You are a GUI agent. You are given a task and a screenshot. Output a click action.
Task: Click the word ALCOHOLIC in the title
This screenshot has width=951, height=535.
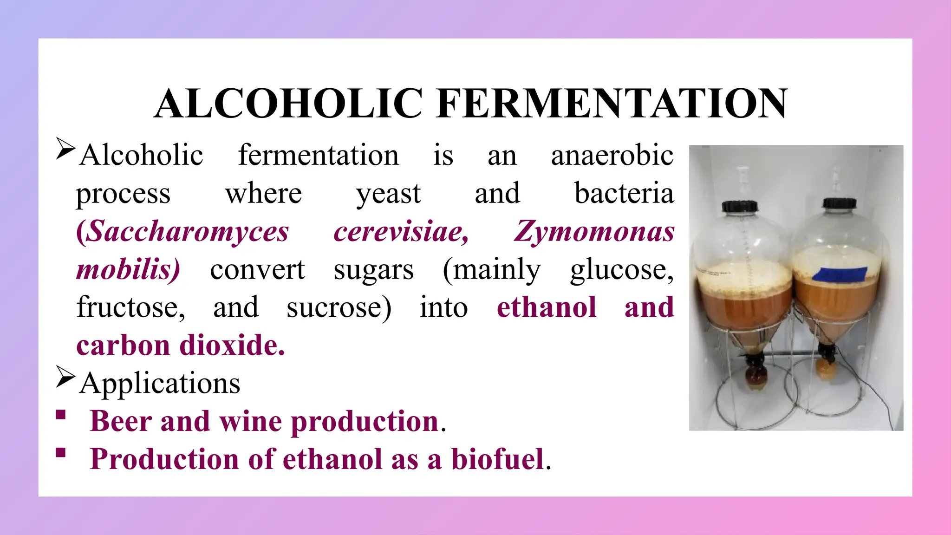point(289,104)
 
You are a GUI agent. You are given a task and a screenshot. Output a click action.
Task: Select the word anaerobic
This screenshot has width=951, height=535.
point(612,155)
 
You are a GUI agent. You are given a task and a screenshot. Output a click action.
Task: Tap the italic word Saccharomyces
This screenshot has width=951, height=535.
point(182,231)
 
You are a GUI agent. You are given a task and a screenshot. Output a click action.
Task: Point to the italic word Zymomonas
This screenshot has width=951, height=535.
point(594,231)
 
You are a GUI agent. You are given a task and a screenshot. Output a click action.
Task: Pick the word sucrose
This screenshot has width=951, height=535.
point(339,307)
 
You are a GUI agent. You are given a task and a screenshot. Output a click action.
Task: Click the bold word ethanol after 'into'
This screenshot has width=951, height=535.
point(547,307)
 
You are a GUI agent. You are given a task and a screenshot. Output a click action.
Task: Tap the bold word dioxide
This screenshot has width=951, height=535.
point(232,346)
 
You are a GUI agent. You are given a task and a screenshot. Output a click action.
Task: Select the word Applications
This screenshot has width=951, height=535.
point(160,384)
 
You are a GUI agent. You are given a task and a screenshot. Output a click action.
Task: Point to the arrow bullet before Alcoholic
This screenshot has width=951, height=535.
point(65,148)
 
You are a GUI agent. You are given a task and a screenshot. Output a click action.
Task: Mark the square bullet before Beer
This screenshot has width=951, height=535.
point(61,415)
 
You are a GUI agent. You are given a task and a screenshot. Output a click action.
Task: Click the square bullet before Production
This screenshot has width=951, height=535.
point(61,453)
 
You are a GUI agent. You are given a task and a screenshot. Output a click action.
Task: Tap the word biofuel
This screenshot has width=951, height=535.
point(497,459)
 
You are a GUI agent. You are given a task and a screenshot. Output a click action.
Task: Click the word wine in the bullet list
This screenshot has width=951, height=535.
point(250,421)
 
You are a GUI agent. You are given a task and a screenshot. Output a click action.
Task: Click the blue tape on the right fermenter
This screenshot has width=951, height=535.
point(840,274)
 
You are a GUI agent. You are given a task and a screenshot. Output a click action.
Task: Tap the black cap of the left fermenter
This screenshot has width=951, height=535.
point(740,206)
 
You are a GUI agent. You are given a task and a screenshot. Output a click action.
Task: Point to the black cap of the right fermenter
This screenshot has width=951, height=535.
point(839,203)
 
